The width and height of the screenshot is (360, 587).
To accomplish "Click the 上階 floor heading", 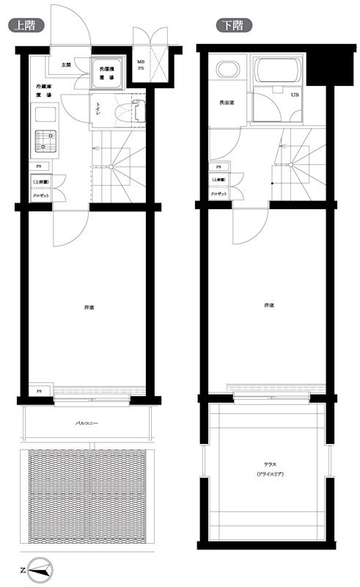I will click(25, 25).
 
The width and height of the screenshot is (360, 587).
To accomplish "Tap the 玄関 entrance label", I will click(66, 65).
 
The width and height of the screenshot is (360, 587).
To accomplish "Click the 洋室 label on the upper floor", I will click(87, 306).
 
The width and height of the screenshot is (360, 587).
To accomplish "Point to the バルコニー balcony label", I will click(87, 424).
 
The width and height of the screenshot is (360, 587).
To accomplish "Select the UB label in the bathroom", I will click(295, 95).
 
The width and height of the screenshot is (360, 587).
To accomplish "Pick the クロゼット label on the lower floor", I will click(218, 194).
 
